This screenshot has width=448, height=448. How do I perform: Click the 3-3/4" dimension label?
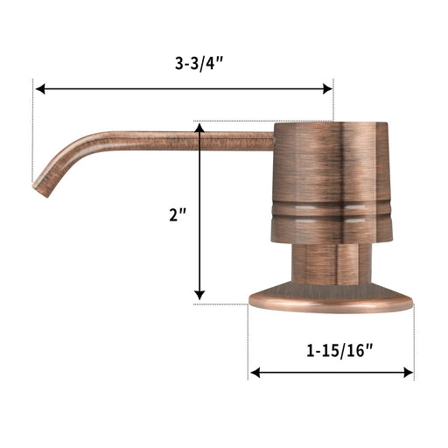coord(199,63)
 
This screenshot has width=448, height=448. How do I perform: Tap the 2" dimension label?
coord(178,215)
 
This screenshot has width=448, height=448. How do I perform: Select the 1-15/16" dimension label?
coord(339,350)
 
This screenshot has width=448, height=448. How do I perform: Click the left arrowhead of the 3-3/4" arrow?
coord(40,88)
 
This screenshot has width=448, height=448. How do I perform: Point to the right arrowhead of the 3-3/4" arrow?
coord(328,88)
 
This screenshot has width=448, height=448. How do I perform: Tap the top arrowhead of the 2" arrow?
coord(199,129)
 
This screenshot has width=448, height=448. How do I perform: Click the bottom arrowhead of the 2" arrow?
coord(199,295)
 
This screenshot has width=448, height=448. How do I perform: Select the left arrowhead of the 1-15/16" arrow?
coord(255,373)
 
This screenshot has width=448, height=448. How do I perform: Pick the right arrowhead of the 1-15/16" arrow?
coord(409,373)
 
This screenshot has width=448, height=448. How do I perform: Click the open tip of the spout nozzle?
coord(40,190)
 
